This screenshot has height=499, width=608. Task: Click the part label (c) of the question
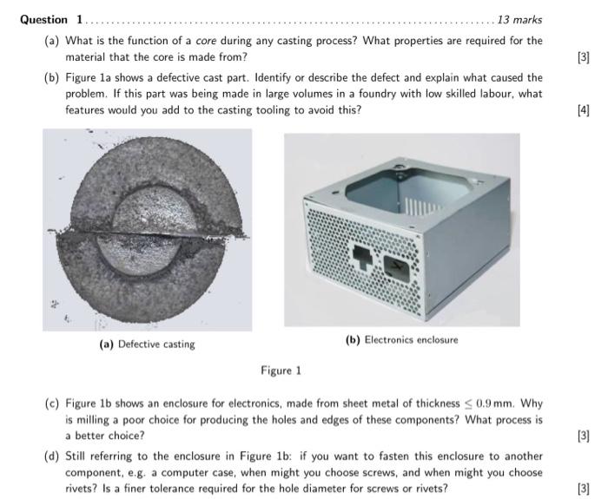click(52, 404)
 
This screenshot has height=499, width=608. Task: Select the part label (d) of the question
click(52, 456)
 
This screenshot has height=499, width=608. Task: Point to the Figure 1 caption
click(281, 371)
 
